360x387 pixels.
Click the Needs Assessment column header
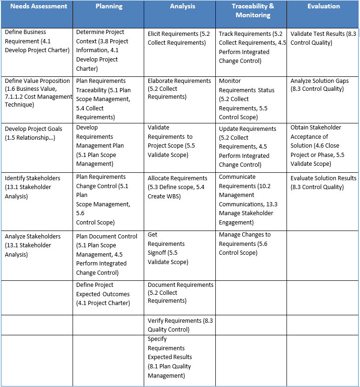pos(39,7)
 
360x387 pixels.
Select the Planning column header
pos(109,7)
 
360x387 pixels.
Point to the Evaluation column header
pos(323,7)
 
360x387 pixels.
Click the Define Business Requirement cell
pos(37,41)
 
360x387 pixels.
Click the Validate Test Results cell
pos(323,38)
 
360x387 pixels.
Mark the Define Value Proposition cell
pos(37,93)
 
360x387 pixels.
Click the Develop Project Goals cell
pos(33,133)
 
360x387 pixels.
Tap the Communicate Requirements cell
pos(246,199)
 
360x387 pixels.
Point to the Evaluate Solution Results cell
pos(323,183)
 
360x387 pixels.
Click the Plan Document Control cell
pos(107,254)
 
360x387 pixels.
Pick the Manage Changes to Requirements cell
pos(245,244)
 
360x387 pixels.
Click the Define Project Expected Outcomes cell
pos(103,294)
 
